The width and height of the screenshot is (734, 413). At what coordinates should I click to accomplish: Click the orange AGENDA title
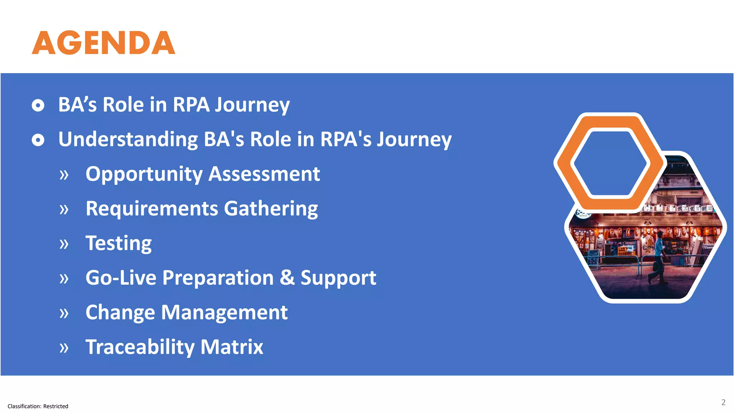pos(103,43)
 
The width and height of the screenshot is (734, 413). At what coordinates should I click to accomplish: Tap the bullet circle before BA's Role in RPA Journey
pos(38,105)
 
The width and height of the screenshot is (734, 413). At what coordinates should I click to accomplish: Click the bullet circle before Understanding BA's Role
pos(38,140)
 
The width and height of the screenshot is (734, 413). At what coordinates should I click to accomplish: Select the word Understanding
pos(128,139)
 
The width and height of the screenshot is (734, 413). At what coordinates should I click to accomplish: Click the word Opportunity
pos(144,175)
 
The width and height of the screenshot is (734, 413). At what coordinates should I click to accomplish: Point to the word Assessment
pos(264,174)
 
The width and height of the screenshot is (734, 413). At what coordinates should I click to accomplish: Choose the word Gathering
pos(271,209)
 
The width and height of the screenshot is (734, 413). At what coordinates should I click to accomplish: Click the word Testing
pos(119,243)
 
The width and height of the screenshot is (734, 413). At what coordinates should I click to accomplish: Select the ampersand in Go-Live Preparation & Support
pos(287,277)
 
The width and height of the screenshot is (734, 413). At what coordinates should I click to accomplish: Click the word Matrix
pos(232,347)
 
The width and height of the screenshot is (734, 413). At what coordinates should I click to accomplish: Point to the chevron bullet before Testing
pos(64,244)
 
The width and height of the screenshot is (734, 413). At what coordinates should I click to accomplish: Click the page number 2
pos(723,402)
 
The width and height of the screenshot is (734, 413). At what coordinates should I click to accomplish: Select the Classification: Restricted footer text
pos(38,406)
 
